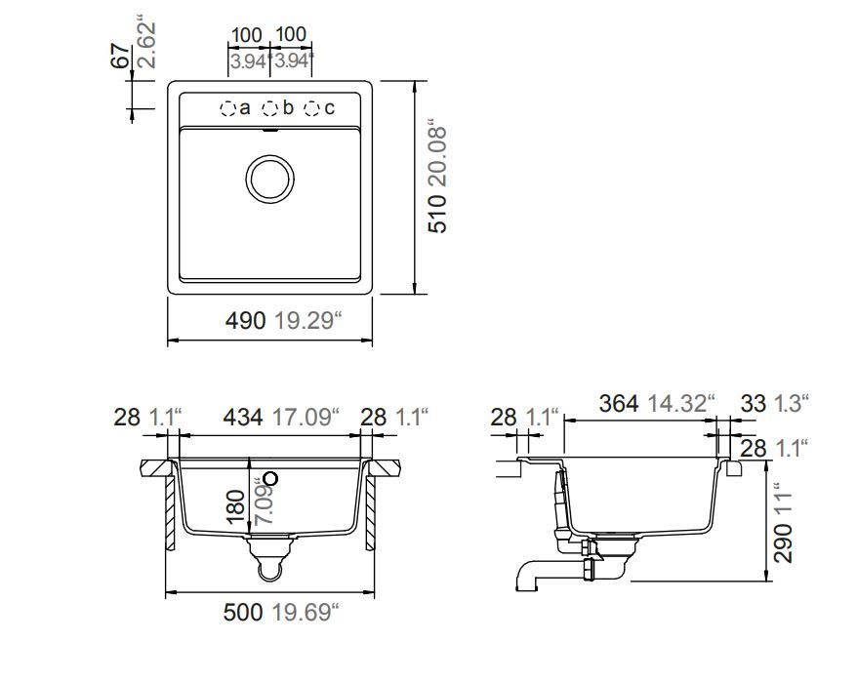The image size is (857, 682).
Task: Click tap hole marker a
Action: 227,108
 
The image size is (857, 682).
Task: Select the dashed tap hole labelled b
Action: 270,108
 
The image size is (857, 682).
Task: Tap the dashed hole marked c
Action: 311,108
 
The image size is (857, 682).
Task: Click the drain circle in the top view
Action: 270,179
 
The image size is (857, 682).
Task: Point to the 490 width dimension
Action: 245,321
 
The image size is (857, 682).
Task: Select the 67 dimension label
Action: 121,56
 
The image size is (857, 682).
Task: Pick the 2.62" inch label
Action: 146,45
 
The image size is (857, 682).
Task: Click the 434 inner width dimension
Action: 243,418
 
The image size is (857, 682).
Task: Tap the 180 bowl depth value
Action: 235,506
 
